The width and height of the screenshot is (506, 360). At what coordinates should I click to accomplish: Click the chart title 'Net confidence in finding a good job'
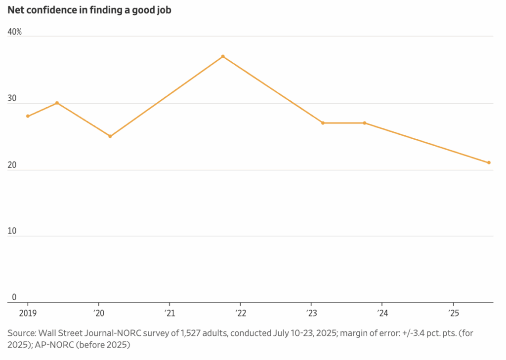89,10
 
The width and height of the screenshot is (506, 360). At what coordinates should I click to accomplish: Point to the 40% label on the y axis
14,32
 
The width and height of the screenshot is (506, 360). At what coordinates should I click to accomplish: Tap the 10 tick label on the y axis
12,232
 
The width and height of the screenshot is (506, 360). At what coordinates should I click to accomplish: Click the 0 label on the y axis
14,297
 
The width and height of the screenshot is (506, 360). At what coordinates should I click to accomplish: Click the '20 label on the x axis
99,313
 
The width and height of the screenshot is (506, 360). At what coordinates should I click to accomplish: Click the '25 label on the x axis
453,313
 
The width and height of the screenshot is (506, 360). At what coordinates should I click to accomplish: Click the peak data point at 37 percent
223,56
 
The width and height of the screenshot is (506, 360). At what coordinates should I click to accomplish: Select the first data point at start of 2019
28,116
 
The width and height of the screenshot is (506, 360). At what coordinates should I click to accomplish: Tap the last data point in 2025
489,162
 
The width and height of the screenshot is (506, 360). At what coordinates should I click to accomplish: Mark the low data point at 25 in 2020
110,136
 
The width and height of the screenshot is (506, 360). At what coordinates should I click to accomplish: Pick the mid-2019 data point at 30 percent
57,103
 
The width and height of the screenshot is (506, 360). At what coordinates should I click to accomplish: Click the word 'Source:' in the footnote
22,333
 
